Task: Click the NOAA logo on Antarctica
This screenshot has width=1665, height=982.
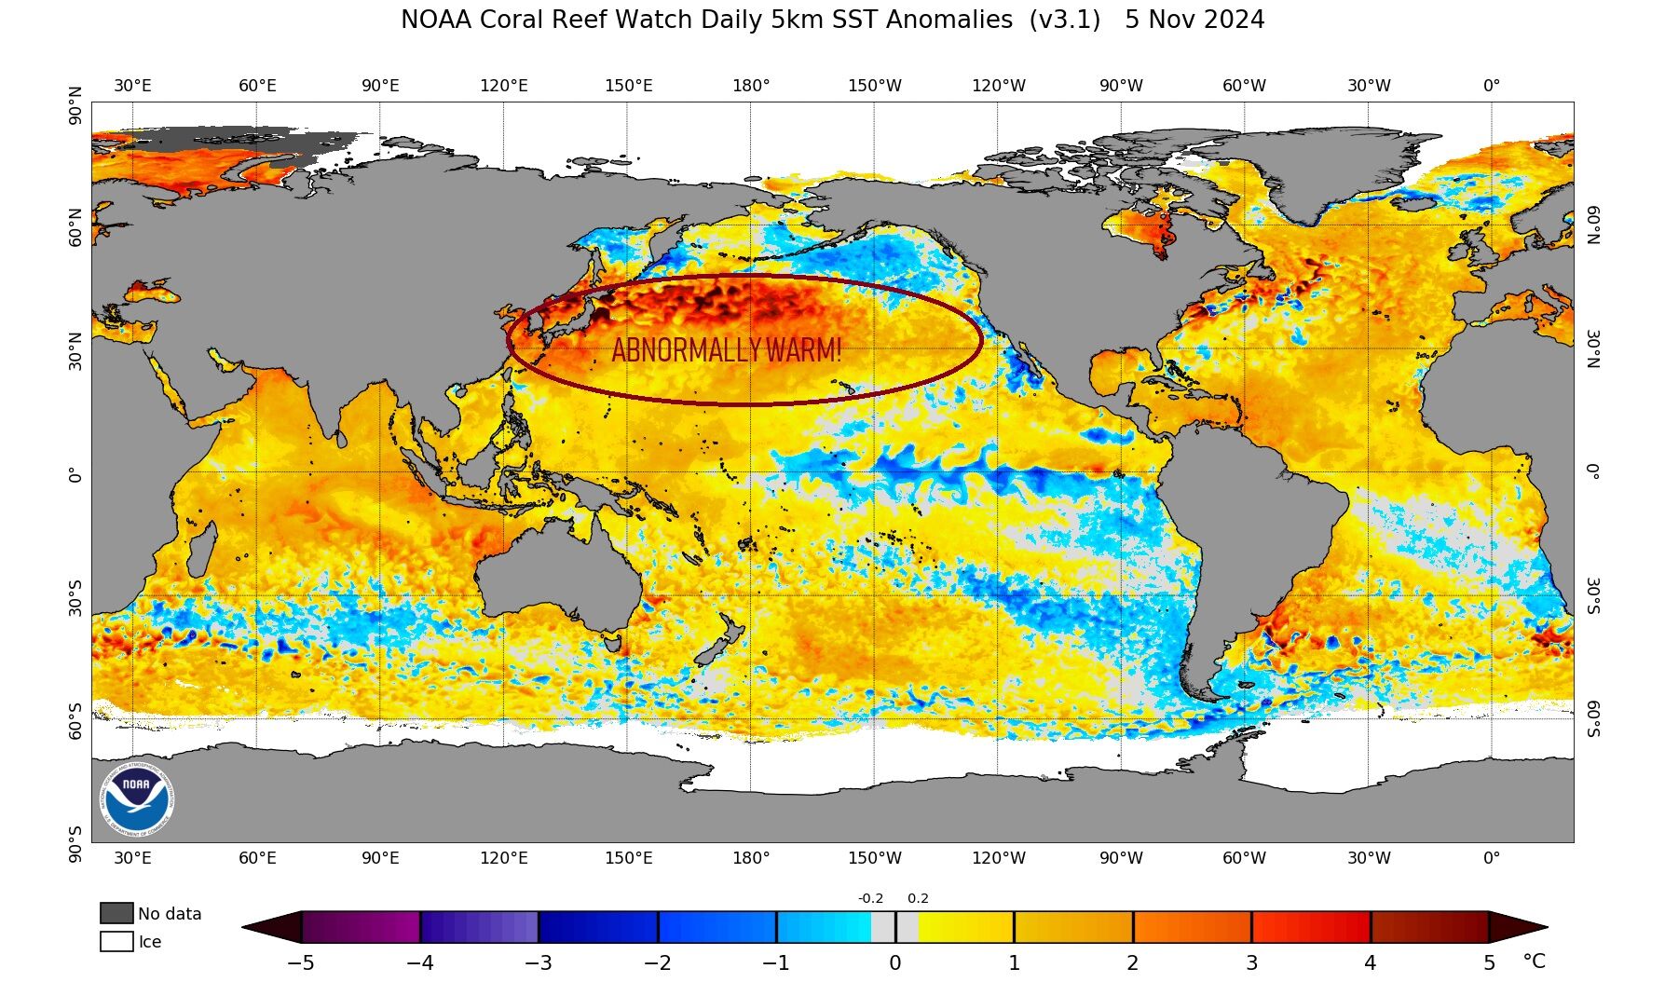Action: (x=137, y=799)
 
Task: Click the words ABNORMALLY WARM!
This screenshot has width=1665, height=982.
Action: (x=727, y=350)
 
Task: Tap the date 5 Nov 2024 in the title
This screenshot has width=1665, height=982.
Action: (x=1194, y=20)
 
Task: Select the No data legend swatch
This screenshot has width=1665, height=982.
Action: (x=116, y=913)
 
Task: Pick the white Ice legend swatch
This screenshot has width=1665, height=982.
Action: (x=116, y=941)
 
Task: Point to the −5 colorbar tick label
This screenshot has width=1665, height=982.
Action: (x=300, y=963)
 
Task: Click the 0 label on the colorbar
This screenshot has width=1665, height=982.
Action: (x=894, y=963)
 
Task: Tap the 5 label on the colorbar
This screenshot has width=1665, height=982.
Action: (x=1489, y=963)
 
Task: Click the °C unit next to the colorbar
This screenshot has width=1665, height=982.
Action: (x=1534, y=962)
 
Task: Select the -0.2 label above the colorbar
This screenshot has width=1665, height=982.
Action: (x=870, y=899)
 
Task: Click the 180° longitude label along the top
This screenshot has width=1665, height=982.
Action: (x=751, y=86)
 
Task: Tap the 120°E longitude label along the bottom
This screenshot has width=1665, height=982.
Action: (x=504, y=858)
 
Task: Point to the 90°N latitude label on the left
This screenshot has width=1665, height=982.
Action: (x=75, y=106)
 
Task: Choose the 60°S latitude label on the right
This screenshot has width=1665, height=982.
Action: (x=1593, y=718)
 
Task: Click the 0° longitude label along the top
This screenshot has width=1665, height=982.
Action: (x=1492, y=86)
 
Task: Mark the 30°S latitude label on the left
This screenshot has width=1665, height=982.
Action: (x=75, y=597)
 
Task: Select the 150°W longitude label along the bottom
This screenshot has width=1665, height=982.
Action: (x=874, y=858)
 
